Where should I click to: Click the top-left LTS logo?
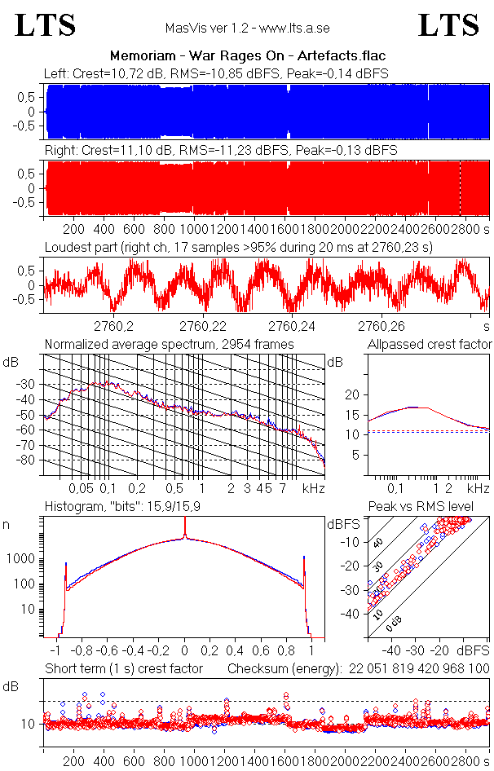46,25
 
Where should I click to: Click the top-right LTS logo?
448,25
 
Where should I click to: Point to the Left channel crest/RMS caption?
216,73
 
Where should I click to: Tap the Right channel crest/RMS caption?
220,151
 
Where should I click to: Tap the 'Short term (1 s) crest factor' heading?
123,668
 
